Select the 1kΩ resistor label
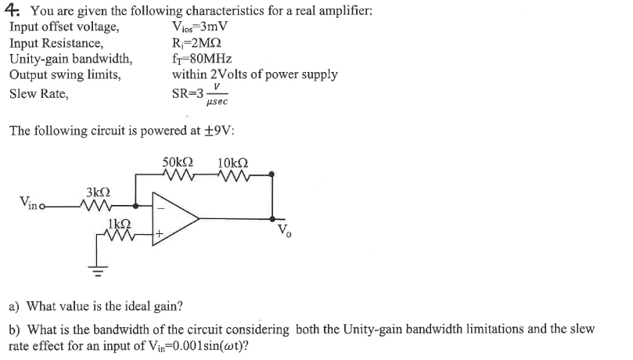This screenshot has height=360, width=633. (x=117, y=223)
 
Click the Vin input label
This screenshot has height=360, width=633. (x=27, y=205)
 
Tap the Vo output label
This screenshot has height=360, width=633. (x=283, y=231)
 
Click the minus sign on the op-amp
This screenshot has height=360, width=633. (x=162, y=208)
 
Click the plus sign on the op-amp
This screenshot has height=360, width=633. (x=163, y=233)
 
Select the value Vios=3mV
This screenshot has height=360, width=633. (x=200, y=28)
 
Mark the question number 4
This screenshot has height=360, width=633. (x=13, y=11)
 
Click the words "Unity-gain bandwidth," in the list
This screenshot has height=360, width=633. (x=70, y=59)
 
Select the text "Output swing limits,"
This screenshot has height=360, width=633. (x=65, y=74)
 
